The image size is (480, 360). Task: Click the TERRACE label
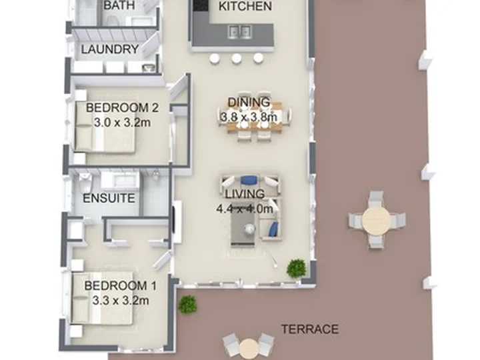tap(310, 329)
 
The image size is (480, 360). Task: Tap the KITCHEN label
tap(245, 6)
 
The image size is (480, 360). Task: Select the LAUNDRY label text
tap(110, 49)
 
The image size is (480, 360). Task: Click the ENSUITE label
tap(109, 199)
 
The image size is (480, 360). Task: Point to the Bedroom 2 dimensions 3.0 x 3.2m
tap(122, 123)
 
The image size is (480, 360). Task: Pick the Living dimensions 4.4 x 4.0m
tap(245, 209)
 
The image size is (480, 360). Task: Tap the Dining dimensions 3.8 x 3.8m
tap(249, 117)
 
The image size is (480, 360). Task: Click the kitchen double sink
tap(240, 31)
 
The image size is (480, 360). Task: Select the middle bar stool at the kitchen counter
tap(236, 59)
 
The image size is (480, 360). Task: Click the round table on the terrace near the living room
tap(377, 220)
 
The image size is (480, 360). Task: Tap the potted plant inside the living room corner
tap(296, 268)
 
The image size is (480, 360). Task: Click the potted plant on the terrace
tap(187, 304)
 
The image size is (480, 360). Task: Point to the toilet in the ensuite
tap(85, 181)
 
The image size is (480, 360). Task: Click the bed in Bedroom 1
tap(102, 297)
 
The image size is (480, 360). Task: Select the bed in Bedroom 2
tap(105, 123)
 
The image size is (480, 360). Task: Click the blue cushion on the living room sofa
tap(249, 180)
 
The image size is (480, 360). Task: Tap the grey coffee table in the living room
tap(243, 229)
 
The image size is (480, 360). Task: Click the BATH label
tap(119, 5)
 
